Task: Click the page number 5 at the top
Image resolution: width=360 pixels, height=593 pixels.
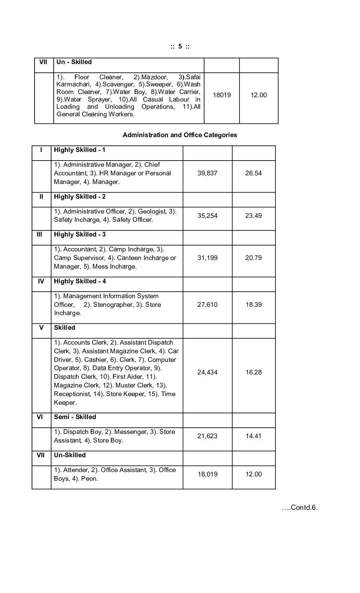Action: pos(180,46)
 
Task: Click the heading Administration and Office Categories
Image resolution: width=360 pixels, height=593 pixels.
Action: pos(180,135)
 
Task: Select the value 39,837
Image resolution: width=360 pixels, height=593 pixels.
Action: pos(207,173)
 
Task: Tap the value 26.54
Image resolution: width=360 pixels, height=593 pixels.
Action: pos(253,173)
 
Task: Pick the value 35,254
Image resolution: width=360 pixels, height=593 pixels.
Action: pos(207,216)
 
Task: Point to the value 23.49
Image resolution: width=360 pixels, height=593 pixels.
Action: pos(253,216)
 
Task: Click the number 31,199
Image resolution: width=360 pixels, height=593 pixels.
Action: pos(207,258)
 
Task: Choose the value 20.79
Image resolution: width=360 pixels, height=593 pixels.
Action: pos(253,258)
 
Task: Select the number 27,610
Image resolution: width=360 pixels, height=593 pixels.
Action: pos(207,305)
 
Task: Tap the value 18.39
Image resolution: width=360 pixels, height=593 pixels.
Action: pos(253,305)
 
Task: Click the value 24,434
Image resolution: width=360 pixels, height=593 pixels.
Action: pos(207,372)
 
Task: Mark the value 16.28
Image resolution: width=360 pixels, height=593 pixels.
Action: pos(253,372)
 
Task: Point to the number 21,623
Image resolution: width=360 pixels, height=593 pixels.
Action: pos(207,436)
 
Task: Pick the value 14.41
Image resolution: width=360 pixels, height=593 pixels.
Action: pos(253,436)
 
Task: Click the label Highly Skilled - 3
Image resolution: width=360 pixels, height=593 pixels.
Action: pos(80,234)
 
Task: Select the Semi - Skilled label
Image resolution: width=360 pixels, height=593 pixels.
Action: pos(75,417)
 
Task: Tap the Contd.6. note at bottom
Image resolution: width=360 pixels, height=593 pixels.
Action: pos(300,508)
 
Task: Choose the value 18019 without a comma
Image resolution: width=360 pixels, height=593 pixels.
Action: pos(222,95)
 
